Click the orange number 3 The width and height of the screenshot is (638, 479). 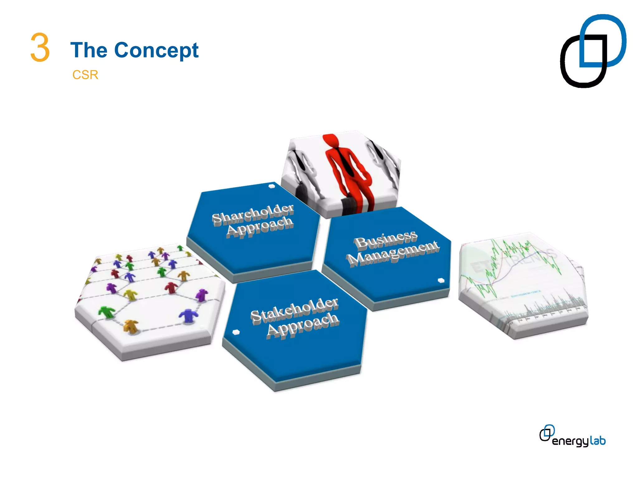pyautogui.click(x=40, y=48)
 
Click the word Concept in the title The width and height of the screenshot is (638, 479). pyautogui.click(x=156, y=51)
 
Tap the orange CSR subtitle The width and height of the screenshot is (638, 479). pyautogui.click(x=85, y=75)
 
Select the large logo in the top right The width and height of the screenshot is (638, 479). pyautogui.click(x=593, y=51)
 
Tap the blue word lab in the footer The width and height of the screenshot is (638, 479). pyautogui.click(x=598, y=440)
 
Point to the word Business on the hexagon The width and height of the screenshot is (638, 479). pyautogui.click(x=386, y=240)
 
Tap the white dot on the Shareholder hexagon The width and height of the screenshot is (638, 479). pyautogui.click(x=272, y=186)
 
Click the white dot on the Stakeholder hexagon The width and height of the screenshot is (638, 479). pyautogui.click(x=236, y=332)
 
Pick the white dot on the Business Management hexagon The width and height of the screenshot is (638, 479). pyautogui.click(x=441, y=280)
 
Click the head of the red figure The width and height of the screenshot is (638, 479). pyautogui.click(x=331, y=140)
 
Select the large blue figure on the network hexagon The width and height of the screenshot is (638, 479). pyautogui.click(x=188, y=315)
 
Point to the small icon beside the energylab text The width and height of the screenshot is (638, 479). pyautogui.click(x=547, y=433)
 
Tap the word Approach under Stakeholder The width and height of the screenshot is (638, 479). pyautogui.click(x=303, y=325)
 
